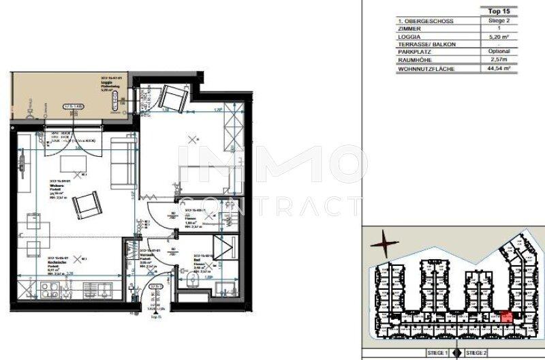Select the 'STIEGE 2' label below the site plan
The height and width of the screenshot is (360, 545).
click(x=476, y=353)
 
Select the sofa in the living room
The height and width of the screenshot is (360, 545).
click(x=123, y=160)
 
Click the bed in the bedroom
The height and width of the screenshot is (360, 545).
click(x=204, y=164)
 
